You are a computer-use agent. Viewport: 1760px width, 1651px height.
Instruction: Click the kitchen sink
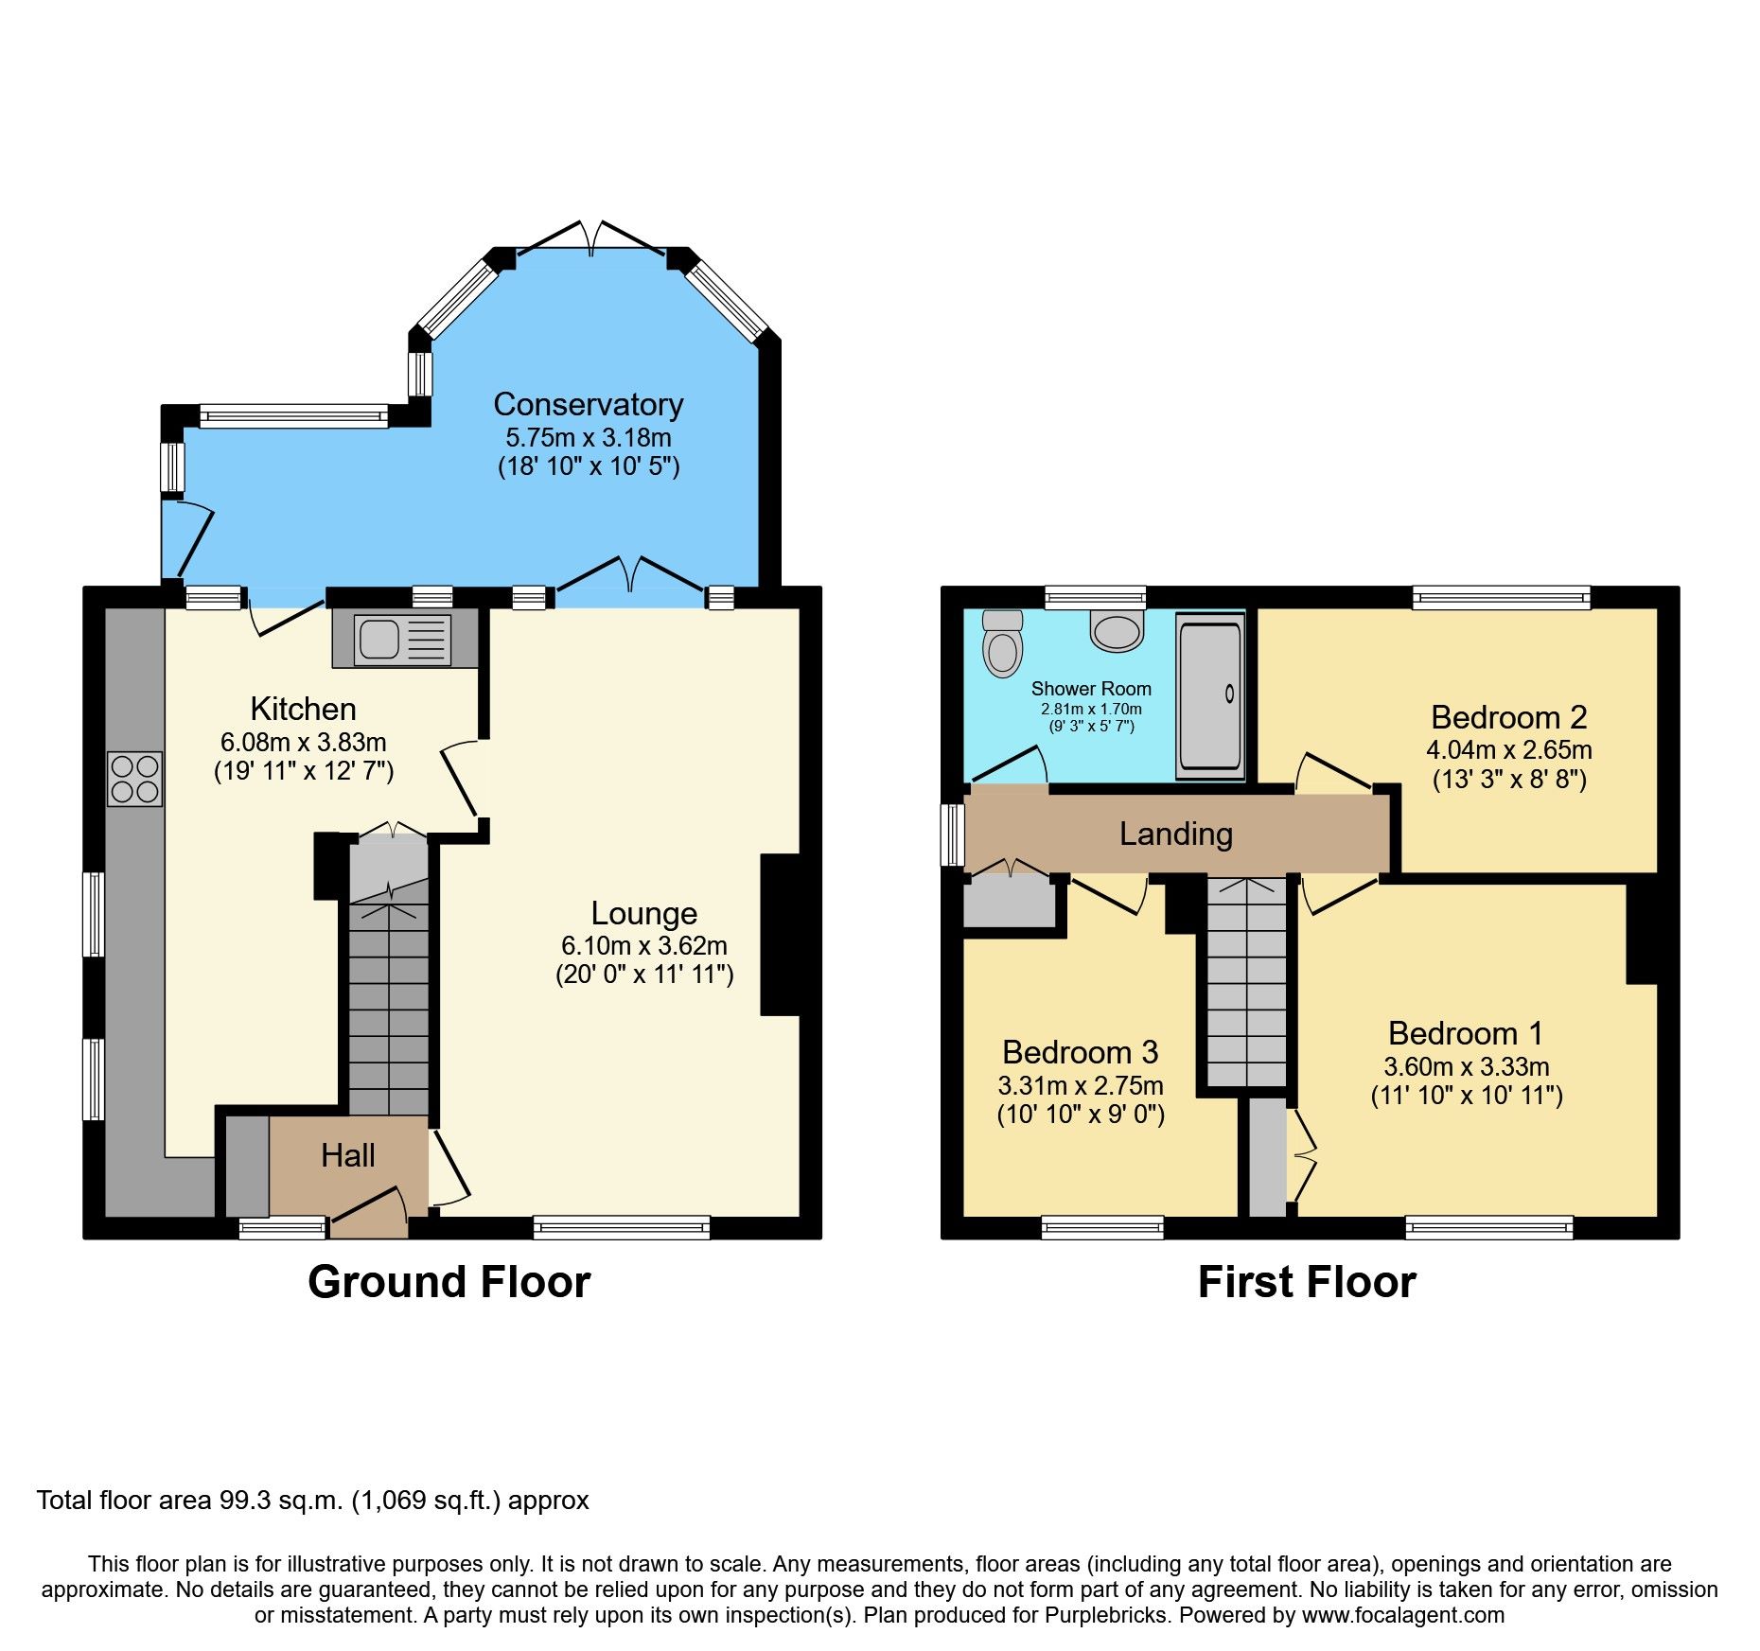402,639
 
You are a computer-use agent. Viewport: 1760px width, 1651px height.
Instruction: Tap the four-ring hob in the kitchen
135,779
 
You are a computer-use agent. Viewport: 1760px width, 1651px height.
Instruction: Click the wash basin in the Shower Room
1117,631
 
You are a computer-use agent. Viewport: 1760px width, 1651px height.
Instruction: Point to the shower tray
1210,695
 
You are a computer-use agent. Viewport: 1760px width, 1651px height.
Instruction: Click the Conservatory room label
589,404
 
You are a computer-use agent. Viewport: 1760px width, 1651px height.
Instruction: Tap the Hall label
348,1155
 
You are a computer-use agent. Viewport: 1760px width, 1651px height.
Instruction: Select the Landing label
1176,834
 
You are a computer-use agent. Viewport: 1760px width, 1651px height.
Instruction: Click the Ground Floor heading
449,1282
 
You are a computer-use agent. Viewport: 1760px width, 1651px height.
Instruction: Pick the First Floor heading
1307,1282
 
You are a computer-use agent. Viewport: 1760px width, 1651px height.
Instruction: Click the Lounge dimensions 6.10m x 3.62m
644,945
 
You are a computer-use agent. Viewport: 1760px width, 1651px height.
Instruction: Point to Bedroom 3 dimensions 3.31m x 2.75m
1081,1085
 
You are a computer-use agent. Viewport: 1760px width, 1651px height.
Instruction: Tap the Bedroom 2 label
1509,717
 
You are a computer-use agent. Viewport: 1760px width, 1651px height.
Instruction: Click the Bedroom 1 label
1466,1033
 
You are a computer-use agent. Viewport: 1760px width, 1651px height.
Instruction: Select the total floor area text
313,1500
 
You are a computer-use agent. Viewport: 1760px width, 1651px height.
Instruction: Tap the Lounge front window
622,1227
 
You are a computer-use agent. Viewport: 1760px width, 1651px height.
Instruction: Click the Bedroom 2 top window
1502,597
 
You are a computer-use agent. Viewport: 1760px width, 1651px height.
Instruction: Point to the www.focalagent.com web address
1403,1615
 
